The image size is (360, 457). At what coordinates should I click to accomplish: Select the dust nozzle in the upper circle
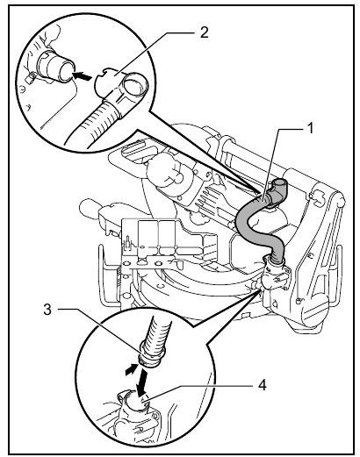[54, 66]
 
